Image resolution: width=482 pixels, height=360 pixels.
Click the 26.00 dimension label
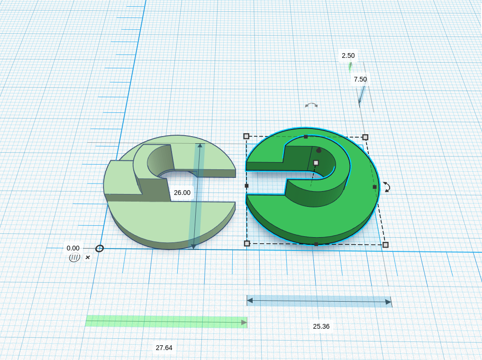point(182,193)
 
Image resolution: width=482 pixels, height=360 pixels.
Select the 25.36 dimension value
point(321,326)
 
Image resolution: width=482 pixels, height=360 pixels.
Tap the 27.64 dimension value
point(164,348)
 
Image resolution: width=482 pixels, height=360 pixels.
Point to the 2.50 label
point(348,55)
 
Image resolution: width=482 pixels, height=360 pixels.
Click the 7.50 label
point(360,79)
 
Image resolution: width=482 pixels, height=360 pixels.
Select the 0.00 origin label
point(73,248)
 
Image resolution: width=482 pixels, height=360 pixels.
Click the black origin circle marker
point(99,249)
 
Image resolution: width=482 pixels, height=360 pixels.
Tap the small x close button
point(88,257)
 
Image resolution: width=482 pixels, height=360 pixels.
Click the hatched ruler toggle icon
point(74,258)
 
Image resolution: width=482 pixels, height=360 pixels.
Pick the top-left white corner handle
point(246,136)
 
